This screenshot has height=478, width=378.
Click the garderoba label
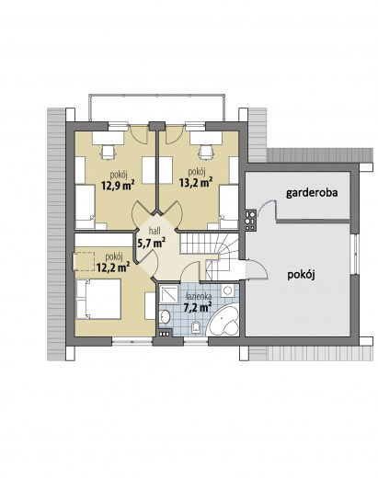[312, 193]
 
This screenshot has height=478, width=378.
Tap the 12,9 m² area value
[118, 185]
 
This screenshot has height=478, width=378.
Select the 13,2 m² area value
[196, 183]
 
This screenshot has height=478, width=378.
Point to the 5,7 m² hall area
[151, 243]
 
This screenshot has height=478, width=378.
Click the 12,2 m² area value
[113, 267]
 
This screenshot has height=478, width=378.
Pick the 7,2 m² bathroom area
[198, 307]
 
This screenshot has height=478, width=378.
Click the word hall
[155, 231]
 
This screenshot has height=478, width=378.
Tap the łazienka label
[199, 296]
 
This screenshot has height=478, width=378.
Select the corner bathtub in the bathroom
[223, 321]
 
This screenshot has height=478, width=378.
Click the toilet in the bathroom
[196, 326]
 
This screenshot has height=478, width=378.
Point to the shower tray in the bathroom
[169, 294]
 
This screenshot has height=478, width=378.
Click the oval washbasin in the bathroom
[165, 316]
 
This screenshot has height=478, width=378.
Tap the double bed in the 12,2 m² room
[98, 299]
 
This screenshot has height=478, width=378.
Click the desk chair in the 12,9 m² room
[108, 153]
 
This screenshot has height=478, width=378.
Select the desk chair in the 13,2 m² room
[206, 153]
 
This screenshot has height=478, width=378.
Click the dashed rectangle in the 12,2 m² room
[83, 261]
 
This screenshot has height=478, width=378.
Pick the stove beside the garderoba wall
[250, 220]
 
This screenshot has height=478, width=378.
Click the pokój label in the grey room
[302, 275]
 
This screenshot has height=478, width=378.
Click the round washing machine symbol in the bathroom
[227, 290]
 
